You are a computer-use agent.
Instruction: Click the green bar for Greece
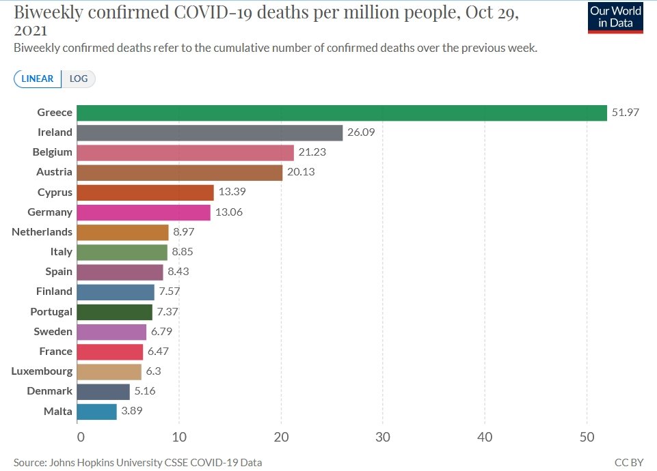click(342, 113)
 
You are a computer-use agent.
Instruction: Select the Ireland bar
click(209, 132)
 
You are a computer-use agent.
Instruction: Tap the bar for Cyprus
click(145, 192)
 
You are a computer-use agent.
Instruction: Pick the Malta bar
click(96, 412)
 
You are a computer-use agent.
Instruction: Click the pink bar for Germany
click(144, 212)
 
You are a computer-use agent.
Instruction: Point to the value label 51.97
click(626, 113)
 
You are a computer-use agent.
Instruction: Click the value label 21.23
click(312, 152)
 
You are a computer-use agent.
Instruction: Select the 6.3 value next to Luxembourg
click(153, 371)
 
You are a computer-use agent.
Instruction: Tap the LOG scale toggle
click(79, 78)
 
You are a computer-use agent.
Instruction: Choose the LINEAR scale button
click(38, 78)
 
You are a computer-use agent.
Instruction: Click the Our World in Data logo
click(615, 17)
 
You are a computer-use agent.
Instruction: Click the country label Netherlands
click(42, 232)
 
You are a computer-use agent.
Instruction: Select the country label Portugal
click(52, 311)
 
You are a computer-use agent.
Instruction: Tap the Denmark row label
click(49, 391)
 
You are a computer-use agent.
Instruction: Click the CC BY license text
click(629, 463)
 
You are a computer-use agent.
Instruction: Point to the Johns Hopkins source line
click(137, 463)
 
